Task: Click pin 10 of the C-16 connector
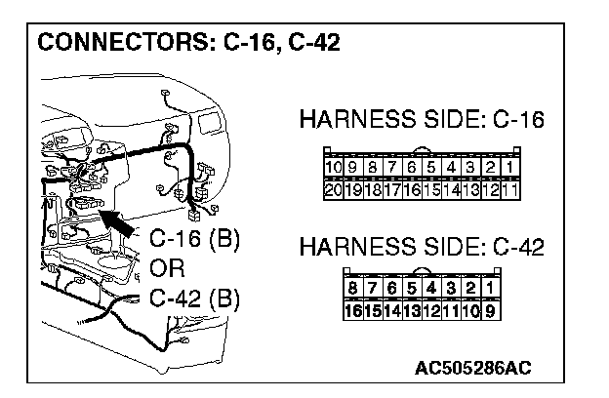(x=333, y=168)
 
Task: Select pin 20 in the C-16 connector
(x=333, y=190)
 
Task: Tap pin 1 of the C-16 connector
(x=510, y=168)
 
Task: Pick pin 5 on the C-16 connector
(x=431, y=168)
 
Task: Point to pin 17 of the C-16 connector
(x=392, y=190)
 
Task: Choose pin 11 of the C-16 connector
(x=510, y=190)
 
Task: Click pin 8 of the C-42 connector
(x=353, y=288)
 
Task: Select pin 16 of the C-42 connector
(x=353, y=311)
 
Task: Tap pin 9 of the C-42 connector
(x=491, y=311)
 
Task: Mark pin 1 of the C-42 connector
(x=491, y=288)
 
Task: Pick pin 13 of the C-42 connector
(x=412, y=311)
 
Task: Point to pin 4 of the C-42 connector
(x=431, y=288)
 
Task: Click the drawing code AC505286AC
(x=473, y=368)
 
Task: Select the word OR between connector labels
(x=167, y=268)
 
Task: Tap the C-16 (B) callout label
(x=194, y=238)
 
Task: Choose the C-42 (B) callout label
(x=194, y=298)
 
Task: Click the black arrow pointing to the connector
(x=116, y=222)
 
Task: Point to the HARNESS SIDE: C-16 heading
(x=422, y=119)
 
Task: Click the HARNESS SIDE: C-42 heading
(x=422, y=247)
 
